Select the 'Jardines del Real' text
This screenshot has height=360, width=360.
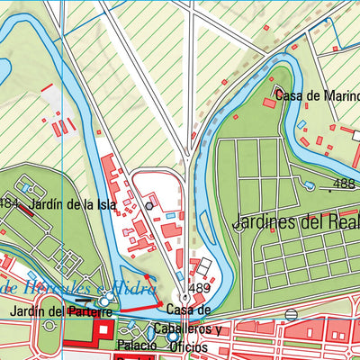click(295, 221)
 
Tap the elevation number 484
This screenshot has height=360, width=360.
click(10, 202)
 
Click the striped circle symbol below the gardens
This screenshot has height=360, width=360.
click(291, 314)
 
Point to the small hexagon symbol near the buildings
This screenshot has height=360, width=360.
click(149, 205)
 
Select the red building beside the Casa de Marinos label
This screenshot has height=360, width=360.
click(268, 103)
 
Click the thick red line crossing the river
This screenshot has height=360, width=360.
click(139, 308)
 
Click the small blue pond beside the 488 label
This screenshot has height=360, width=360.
click(310, 186)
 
